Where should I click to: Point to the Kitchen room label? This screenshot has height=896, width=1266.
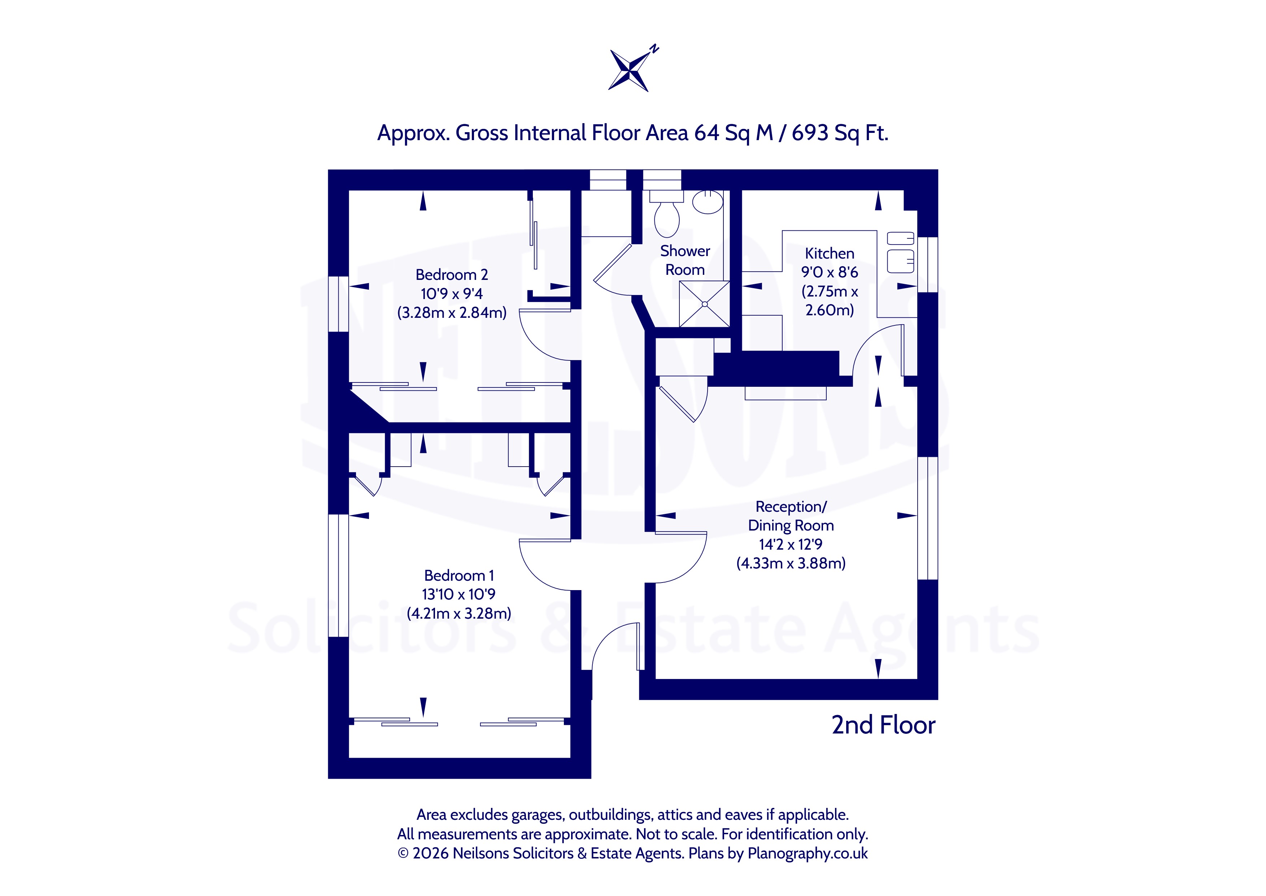tap(829, 253)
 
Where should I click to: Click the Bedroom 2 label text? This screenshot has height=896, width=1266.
tap(452, 275)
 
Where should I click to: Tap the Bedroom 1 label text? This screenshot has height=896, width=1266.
tap(459, 575)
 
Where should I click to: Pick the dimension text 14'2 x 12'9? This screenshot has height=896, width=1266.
tap(791, 545)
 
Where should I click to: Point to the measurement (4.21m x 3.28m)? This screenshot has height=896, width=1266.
tap(459, 614)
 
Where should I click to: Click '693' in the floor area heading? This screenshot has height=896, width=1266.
tap(810, 133)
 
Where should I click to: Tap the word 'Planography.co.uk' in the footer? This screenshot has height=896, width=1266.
tap(807, 853)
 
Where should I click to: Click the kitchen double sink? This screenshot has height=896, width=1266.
tap(900, 253)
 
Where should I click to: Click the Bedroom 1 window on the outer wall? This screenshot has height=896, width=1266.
tap(338, 575)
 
